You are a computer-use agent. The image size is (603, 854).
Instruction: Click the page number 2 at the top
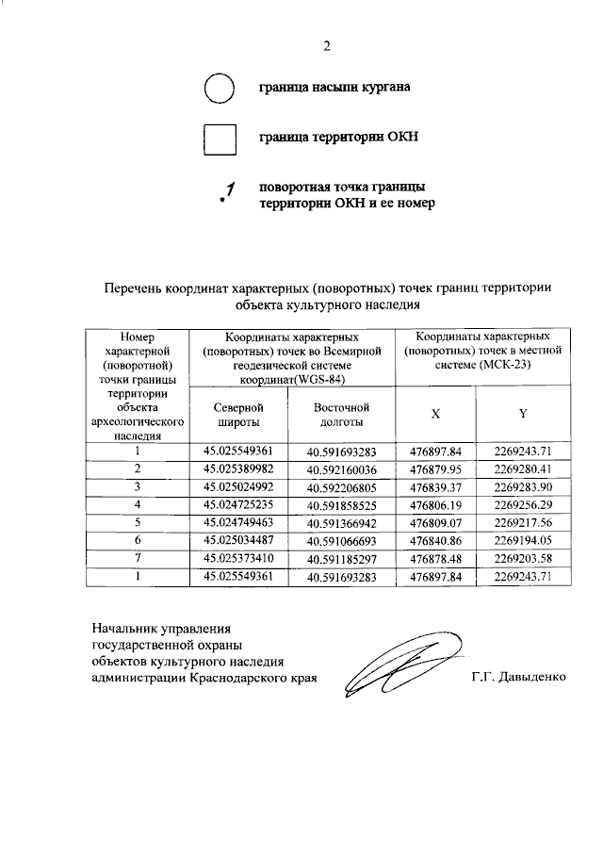tap(327, 45)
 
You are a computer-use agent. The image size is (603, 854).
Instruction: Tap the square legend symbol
tap(219, 139)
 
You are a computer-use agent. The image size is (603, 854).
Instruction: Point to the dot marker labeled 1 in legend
tap(222, 201)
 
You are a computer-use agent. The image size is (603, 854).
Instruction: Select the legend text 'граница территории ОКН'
tap(338, 138)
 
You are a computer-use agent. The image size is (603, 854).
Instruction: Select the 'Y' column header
tap(523, 415)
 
